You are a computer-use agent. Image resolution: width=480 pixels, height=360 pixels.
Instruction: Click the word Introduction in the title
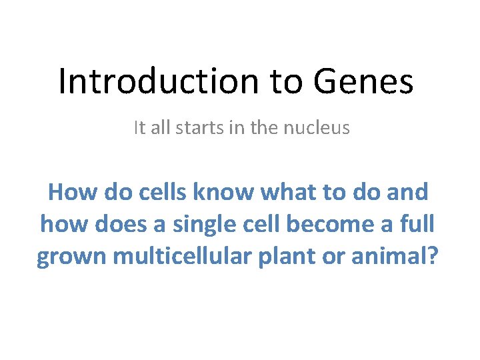[x=158, y=81]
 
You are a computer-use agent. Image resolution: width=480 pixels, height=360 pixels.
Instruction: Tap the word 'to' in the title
[x=288, y=81]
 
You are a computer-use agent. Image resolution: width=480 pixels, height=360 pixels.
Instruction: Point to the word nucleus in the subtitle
[x=319, y=127]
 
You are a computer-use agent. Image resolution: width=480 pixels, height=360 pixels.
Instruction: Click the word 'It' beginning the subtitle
[x=139, y=127]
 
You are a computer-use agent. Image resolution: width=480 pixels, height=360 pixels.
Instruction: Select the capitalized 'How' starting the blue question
[x=72, y=192]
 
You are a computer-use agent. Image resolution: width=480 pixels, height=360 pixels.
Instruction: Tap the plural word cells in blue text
[x=165, y=192]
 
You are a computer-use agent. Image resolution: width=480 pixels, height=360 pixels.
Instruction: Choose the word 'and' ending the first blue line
[x=409, y=192]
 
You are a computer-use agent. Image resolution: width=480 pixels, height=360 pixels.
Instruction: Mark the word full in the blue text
[x=416, y=224]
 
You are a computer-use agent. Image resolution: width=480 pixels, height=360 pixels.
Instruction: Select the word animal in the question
[x=387, y=256]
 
